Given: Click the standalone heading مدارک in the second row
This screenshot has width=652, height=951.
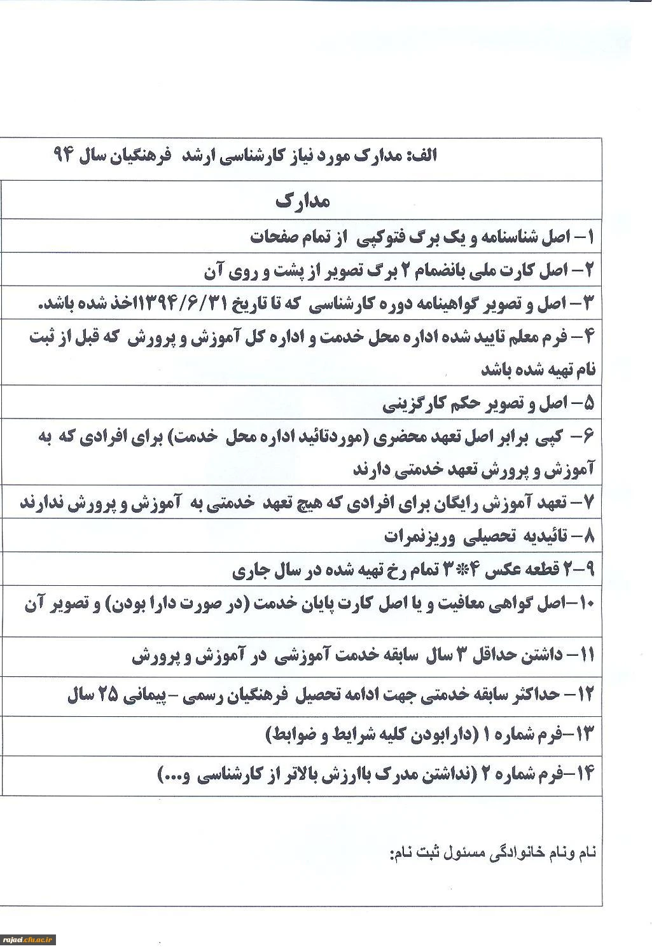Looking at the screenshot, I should coord(303,201).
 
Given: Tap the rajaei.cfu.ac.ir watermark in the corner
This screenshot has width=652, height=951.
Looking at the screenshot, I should coord(29,940).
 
